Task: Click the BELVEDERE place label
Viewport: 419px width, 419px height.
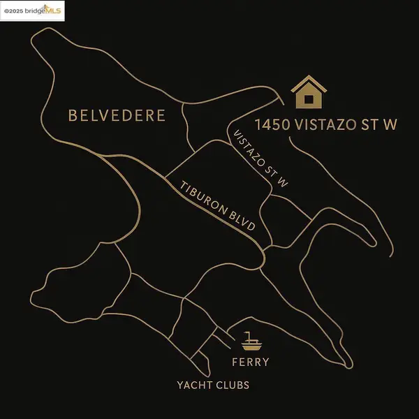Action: pos(117,115)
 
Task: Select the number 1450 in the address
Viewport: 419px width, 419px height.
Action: pos(272,126)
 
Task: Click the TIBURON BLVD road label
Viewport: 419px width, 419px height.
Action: pos(218,207)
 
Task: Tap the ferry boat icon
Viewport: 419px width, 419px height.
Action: pos(251,341)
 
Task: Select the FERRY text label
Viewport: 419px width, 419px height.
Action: pos(250,362)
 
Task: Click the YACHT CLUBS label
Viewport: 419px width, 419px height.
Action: pos(212,385)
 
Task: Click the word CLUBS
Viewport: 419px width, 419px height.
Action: pos(233,385)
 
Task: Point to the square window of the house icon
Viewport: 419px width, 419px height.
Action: pos(308,98)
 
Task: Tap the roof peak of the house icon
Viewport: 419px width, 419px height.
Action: pos(308,78)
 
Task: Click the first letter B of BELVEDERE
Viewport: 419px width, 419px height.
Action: pos(73,115)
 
